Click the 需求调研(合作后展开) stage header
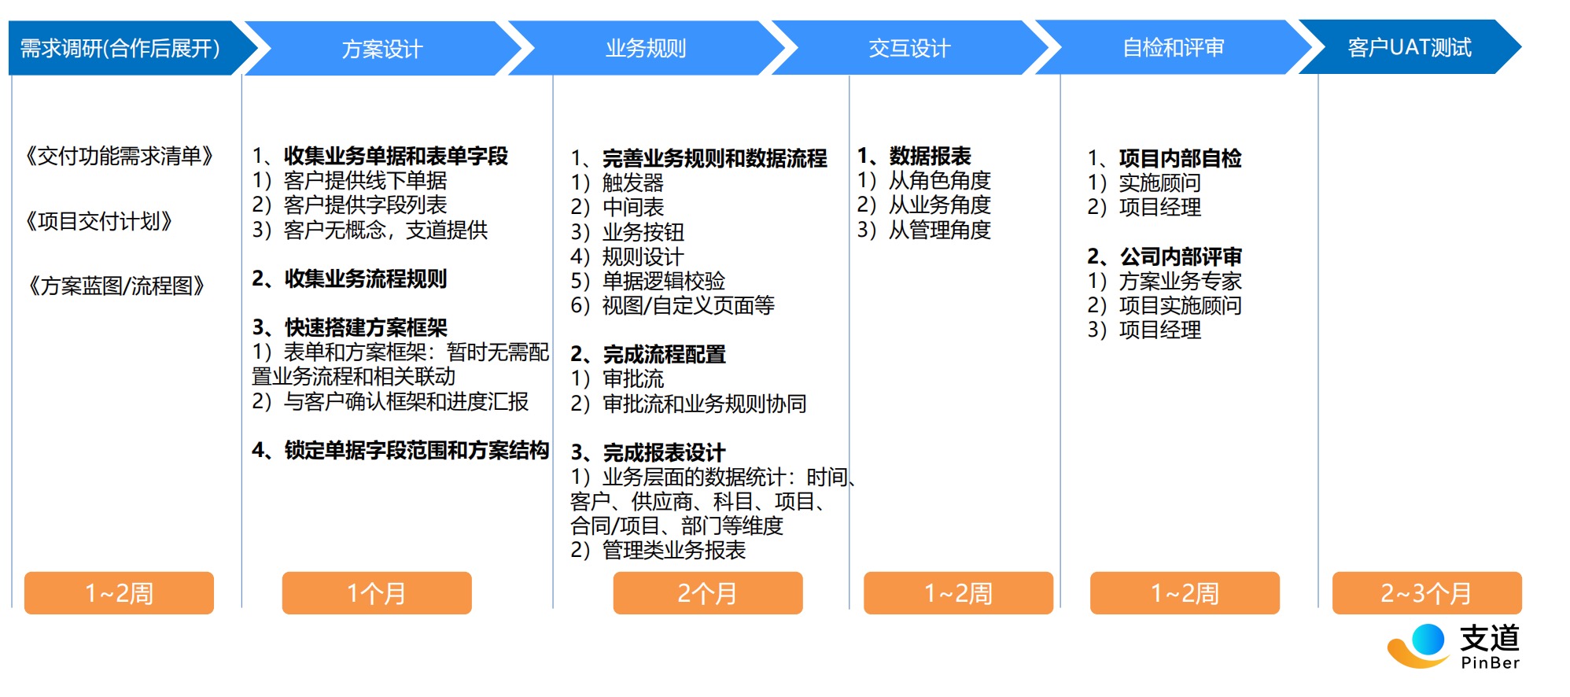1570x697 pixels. point(126,48)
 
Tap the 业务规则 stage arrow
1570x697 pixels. point(646,48)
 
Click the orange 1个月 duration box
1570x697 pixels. point(377,593)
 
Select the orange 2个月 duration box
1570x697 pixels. point(708,593)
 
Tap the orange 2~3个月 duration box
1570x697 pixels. point(1427,593)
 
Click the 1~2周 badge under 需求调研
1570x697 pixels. point(119,593)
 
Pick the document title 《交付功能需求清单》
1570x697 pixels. point(119,156)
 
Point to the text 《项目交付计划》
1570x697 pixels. point(98,221)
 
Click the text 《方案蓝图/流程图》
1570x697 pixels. point(116,286)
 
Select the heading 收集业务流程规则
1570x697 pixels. point(366,278)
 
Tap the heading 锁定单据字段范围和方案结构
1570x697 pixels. point(417,450)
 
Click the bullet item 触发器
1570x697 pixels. point(633,183)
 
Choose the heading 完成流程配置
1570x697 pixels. point(665,354)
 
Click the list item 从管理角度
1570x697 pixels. point(940,230)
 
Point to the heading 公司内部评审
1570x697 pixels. point(1181,256)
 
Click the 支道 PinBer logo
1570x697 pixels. point(1454,647)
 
